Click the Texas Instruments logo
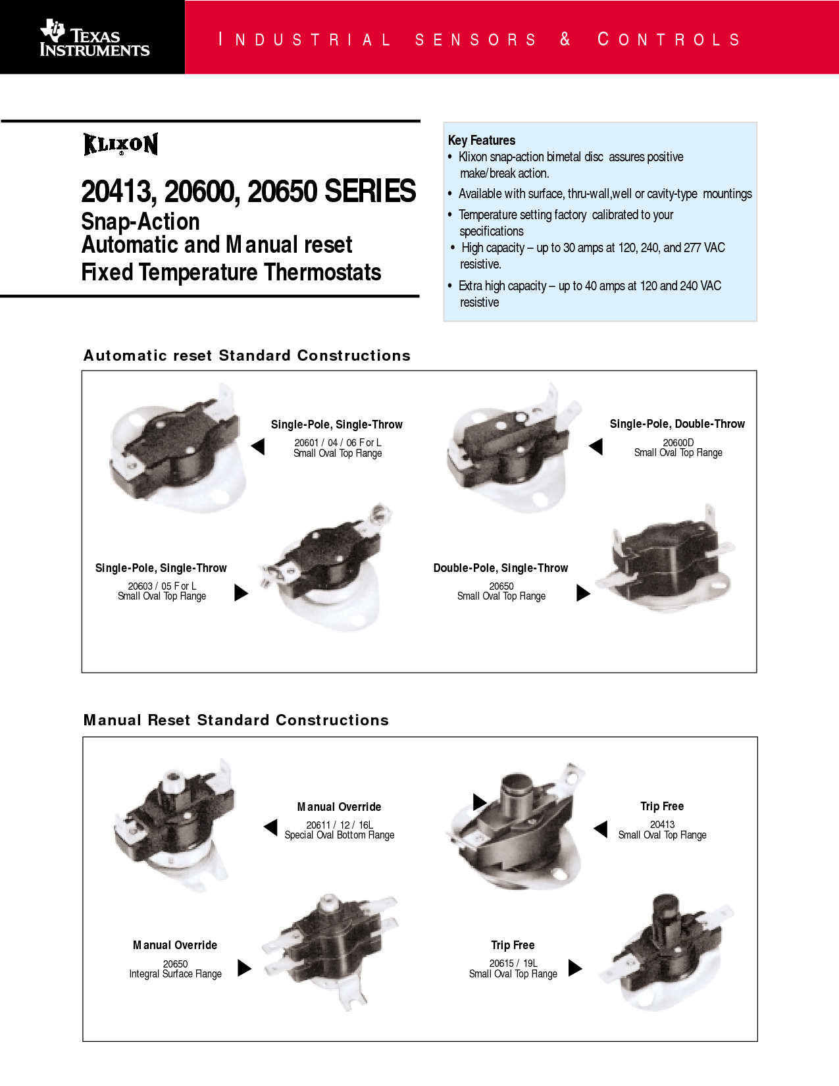click(95, 38)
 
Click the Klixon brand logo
click(120, 144)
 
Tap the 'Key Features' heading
click(481, 140)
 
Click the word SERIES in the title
click(370, 191)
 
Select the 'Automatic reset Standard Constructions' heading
click(247, 355)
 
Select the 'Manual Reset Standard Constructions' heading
click(236, 719)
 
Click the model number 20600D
click(678, 442)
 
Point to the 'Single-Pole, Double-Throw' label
click(677, 424)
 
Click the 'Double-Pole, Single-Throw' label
click(501, 568)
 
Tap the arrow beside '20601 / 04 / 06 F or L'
click(258, 446)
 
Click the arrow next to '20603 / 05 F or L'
click(242, 593)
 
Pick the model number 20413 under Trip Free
click(662, 824)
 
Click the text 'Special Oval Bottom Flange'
click(340, 835)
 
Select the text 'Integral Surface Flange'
click(176, 973)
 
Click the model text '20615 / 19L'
click(513, 963)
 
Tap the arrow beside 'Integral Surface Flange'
click(244, 968)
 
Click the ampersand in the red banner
click(565, 39)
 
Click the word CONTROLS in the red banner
click(669, 39)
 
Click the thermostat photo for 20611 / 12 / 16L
click(174, 825)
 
